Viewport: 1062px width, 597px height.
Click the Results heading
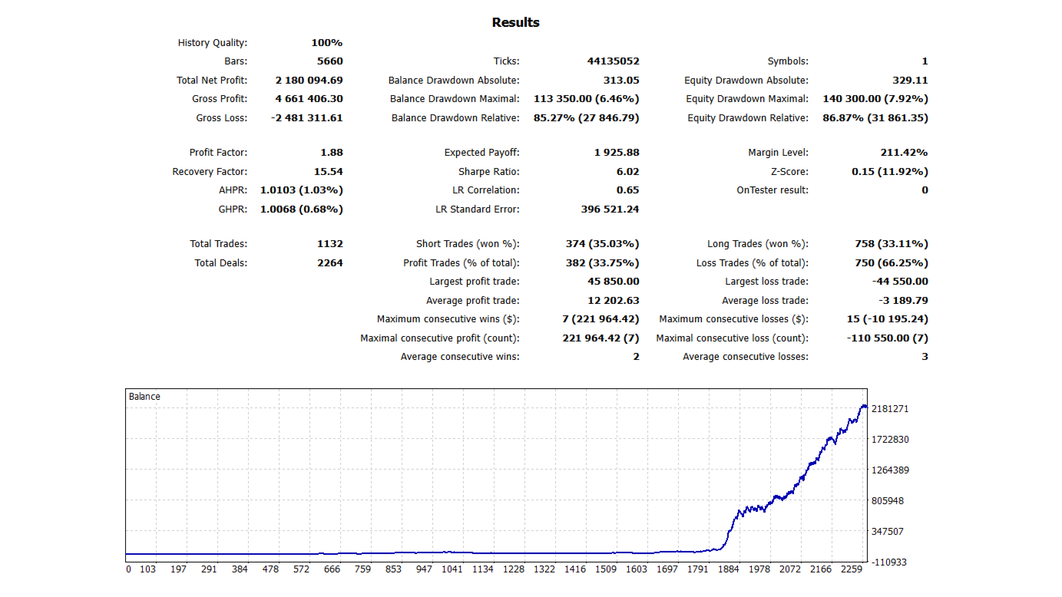pos(515,23)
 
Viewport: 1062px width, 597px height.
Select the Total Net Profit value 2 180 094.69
pos(309,81)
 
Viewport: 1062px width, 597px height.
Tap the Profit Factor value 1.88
pos(332,153)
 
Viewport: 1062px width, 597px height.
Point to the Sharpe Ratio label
pos(488,172)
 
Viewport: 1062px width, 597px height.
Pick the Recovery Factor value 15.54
pos(328,172)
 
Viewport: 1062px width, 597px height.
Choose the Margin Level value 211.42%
pos(904,153)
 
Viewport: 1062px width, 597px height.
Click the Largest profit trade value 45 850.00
pos(613,282)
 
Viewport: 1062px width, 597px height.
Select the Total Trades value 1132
pos(329,244)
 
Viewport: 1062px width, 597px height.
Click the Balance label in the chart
pos(144,397)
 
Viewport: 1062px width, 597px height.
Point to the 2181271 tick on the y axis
pos(890,409)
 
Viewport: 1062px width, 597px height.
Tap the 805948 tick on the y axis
pos(888,500)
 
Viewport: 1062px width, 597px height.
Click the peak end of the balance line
pos(865,406)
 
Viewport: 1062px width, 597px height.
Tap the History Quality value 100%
pos(326,43)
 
